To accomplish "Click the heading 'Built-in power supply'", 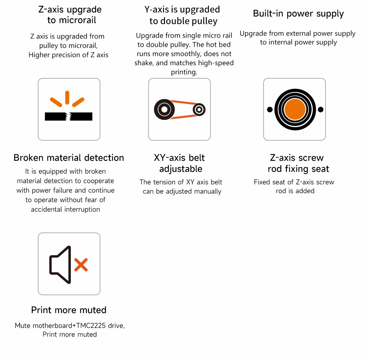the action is pyautogui.click(x=298, y=14).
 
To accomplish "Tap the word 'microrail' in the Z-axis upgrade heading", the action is pyautogui.click(x=77, y=20).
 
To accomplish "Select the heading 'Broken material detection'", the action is pyautogui.click(x=69, y=158).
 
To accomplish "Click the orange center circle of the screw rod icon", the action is pyautogui.click(x=295, y=109).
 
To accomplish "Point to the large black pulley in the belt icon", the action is pyautogui.click(x=164, y=109).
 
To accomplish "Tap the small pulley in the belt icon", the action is pyautogui.click(x=199, y=109).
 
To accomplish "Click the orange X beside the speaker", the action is pyautogui.click(x=81, y=265).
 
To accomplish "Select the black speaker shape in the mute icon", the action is pyautogui.click(x=60, y=265).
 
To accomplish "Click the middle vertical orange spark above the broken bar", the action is pyautogui.click(x=67, y=98).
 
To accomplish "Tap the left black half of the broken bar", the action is pyautogui.click(x=56, y=116).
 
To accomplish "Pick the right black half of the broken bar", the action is pyautogui.click(x=81, y=116).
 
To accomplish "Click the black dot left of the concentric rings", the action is pyautogui.click(x=270, y=109).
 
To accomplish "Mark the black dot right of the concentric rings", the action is pyautogui.click(x=320, y=109).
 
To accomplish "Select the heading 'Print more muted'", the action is pyautogui.click(x=69, y=310).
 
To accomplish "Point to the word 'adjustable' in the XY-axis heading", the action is pyautogui.click(x=181, y=169).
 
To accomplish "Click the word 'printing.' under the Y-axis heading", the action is pyautogui.click(x=184, y=72).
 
